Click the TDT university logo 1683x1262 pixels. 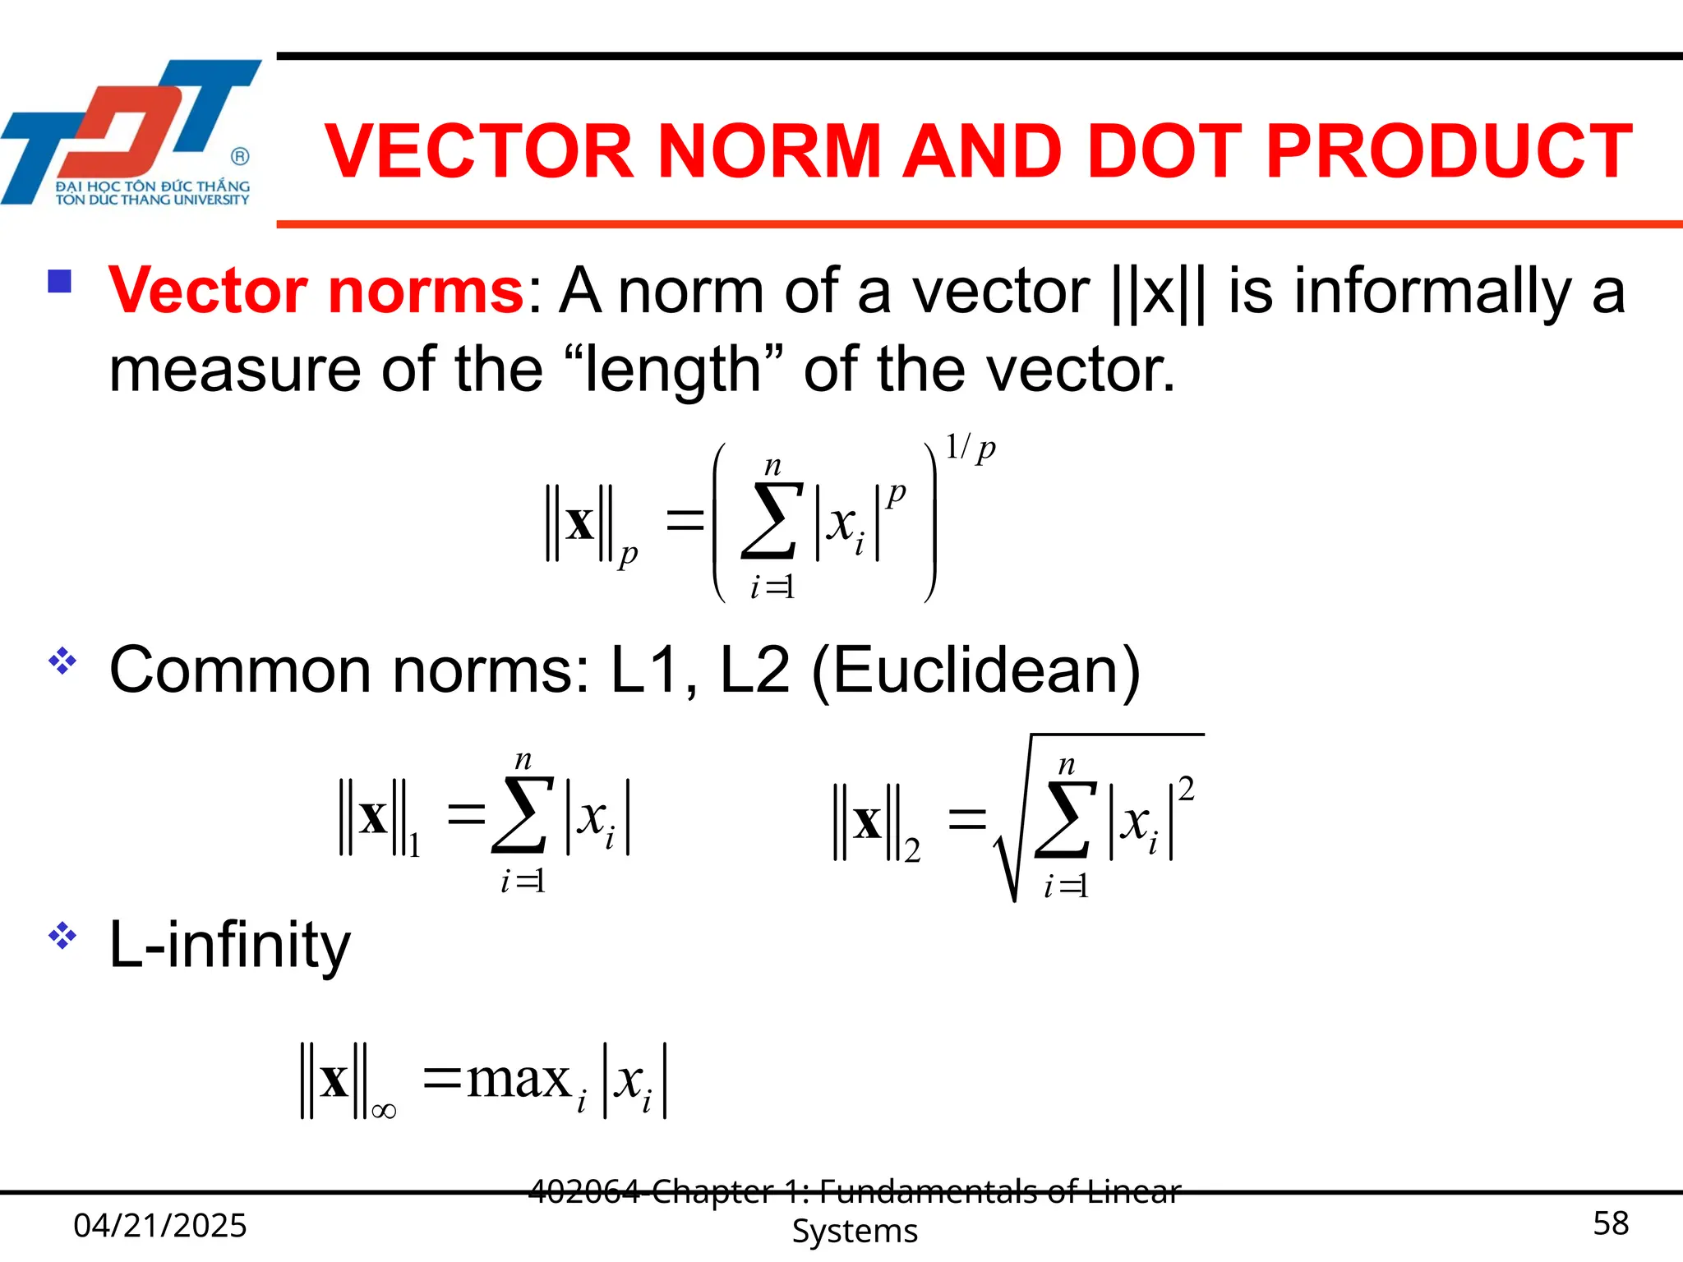click(x=131, y=131)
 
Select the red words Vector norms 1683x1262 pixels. click(x=316, y=291)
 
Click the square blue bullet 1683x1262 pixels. click(x=60, y=282)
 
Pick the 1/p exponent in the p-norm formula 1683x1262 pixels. click(x=970, y=448)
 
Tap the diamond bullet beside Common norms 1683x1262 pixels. click(x=62, y=661)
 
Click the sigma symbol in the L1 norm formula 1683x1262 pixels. click(x=523, y=816)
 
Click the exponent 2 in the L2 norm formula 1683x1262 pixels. click(x=1186, y=790)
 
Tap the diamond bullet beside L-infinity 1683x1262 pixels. click(x=62, y=936)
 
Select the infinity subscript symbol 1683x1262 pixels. click(x=384, y=1112)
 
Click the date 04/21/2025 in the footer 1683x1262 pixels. click(x=160, y=1225)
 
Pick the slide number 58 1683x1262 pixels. click(x=1611, y=1223)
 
